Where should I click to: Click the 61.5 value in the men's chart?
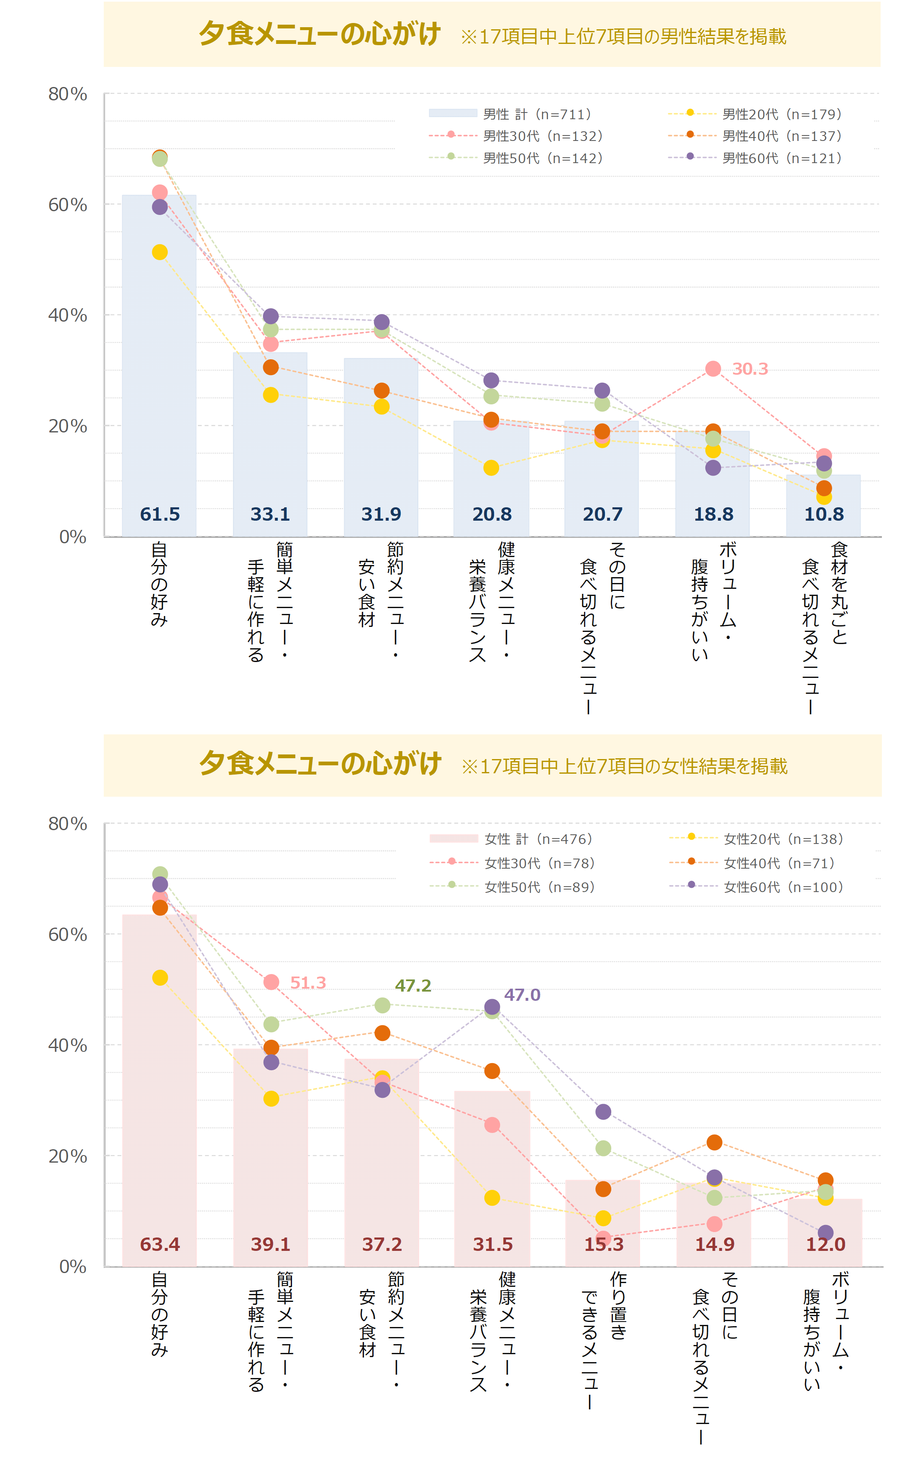159,514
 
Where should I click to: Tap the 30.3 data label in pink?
750,369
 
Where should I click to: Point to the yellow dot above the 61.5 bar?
159,252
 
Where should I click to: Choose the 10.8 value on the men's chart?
824,514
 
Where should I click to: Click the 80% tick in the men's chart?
67,94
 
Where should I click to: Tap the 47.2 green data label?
413,985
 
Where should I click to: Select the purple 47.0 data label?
522,995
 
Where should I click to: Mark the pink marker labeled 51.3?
271,982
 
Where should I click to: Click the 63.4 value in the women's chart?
159,1244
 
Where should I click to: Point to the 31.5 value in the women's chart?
492,1244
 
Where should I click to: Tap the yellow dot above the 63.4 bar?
159,977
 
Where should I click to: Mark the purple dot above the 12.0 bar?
825,1232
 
